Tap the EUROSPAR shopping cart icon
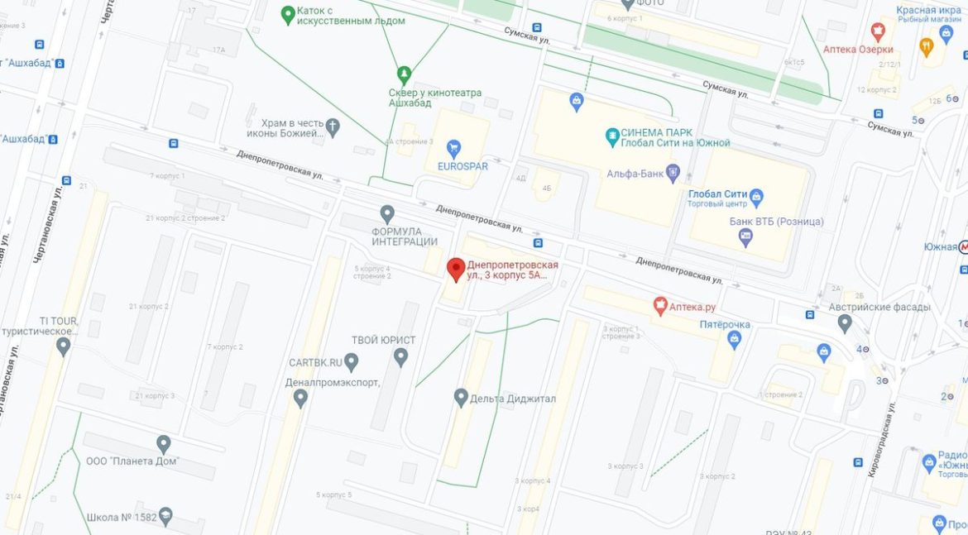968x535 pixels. (x=453, y=149)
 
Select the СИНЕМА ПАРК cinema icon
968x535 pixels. (x=611, y=134)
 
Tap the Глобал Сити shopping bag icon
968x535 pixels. (x=756, y=198)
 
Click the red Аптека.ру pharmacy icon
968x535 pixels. (x=660, y=306)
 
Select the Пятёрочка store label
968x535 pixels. (x=725, y=324)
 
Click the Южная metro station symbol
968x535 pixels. (x=963, y=246)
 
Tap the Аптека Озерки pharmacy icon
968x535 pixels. (x=878, y=31)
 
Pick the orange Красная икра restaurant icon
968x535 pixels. (x=926, y=47)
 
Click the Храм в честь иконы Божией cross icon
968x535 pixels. (x=333, y=127)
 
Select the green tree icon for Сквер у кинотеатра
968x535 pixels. (x=404, y=74)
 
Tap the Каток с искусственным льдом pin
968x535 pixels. (x=288, y=14)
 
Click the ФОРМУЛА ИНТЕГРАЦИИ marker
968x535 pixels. (x=386, y=214)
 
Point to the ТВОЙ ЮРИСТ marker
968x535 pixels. (x=400, y=357)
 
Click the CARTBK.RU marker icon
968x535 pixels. (x=351, y=362)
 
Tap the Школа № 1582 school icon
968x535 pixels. (x=165, y=517)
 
